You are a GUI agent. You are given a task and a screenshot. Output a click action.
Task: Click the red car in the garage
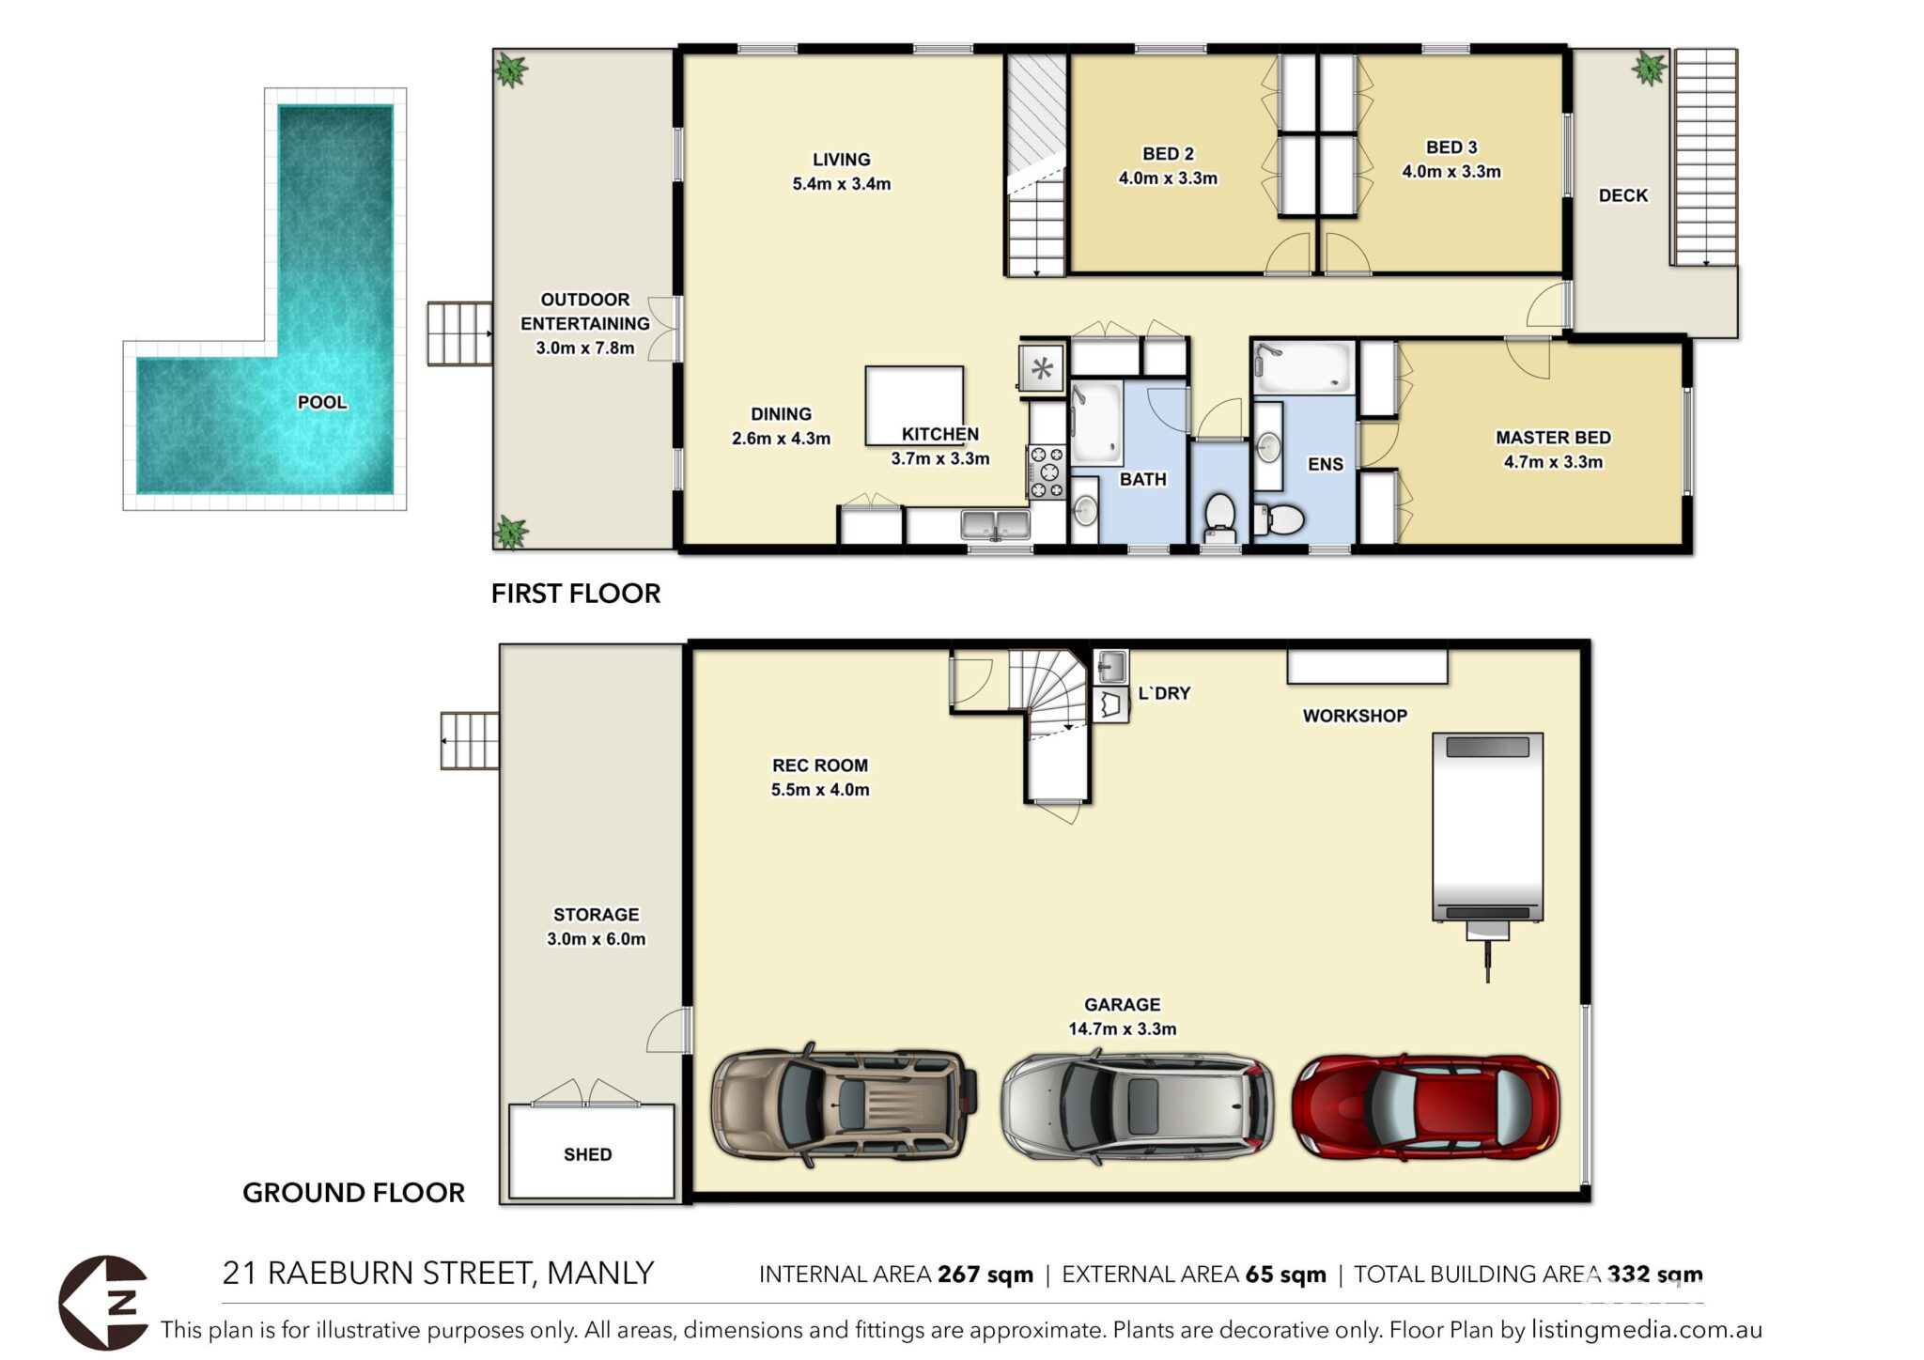coord(1425,1106)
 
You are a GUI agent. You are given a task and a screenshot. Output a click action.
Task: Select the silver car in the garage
coord(1138,1106)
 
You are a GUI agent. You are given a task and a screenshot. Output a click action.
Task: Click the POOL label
coord(322,402)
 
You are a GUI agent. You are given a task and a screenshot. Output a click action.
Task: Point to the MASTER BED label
coord(1553,438)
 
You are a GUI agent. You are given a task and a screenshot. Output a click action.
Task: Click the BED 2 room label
coord(1168,154)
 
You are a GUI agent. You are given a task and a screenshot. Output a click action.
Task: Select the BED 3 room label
coord(1451,147)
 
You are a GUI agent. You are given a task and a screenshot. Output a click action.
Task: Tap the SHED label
coord(588,1154)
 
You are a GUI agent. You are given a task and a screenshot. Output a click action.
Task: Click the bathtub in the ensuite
coord(1305,367)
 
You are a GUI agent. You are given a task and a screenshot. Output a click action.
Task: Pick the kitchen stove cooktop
coord(1047,471)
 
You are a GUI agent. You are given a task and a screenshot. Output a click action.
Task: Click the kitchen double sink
coord(995,523)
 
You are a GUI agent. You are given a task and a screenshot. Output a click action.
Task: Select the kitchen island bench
coord(914,405)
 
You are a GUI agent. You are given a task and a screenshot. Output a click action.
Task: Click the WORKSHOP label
coord(1355,716)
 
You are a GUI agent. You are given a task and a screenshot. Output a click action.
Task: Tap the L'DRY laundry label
coord(1164,693)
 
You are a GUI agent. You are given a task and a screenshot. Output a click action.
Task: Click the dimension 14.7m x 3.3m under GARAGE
coord(1122,1029)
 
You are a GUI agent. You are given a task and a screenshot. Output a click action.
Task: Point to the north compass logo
coord(104,1303)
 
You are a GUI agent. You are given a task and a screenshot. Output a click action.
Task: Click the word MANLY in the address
coord(600,1274)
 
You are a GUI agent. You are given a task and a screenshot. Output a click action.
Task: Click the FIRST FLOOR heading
coord(576,594)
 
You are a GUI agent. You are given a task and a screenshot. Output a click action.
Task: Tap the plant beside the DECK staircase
coord(1649,69)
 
